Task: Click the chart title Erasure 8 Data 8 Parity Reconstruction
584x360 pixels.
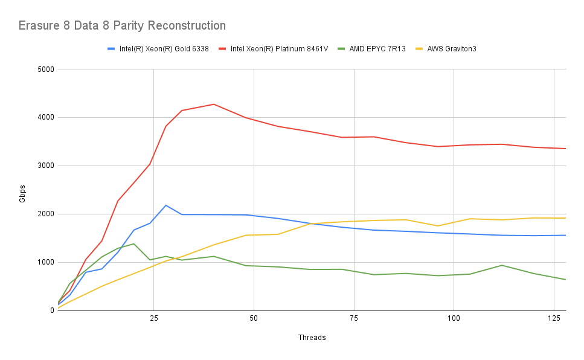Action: pos(122,25)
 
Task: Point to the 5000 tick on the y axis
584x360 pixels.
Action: pos(45,69)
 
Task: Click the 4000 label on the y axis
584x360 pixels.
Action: pos(45,118)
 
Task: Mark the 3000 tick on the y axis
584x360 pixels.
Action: pos(45,166)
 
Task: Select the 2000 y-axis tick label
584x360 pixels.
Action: pos(45,214)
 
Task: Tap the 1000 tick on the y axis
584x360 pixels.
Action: pos(45,263)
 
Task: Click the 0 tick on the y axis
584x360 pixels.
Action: pos(52,311)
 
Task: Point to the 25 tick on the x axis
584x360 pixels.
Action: pos(153,318)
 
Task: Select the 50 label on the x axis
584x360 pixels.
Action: pos(254,318)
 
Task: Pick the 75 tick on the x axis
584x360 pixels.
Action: pos(353,318)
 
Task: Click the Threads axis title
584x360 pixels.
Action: pos(312,338)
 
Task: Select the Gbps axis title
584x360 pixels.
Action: pos(22,190)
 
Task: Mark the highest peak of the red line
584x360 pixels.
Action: pos(213,104)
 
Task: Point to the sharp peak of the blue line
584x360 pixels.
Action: pos(166,205)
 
